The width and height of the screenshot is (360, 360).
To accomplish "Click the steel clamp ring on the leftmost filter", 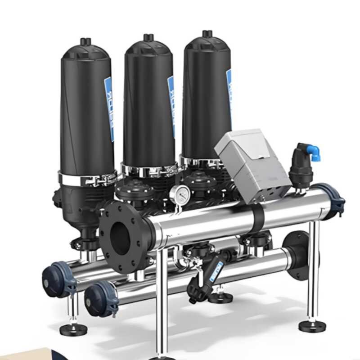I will click(85, 179).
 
